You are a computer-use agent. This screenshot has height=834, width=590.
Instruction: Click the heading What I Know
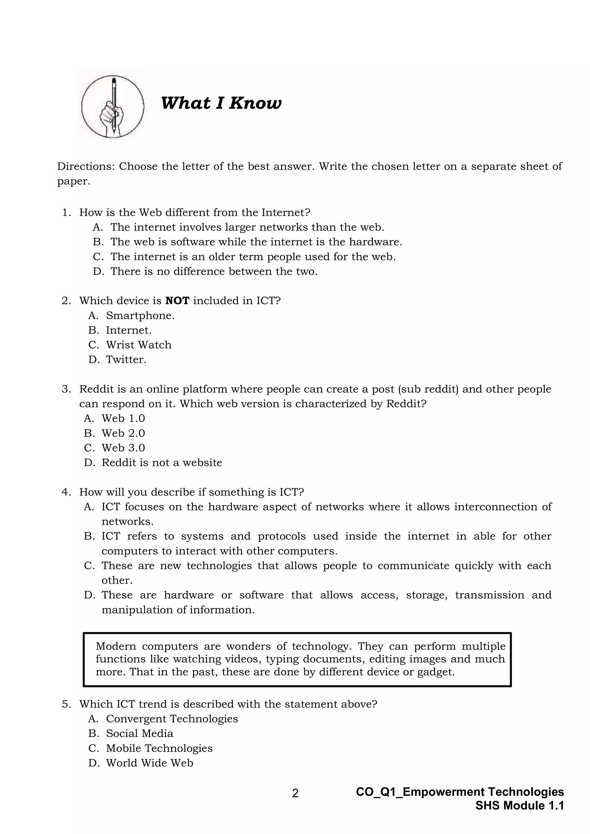(221, 103)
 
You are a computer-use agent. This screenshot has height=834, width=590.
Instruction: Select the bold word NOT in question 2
(177, 301)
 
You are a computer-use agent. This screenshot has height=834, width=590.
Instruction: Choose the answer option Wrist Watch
(138, 345)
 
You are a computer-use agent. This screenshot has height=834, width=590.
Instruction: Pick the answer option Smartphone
(140, 316)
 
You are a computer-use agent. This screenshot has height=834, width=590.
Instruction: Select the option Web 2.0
(123, 433)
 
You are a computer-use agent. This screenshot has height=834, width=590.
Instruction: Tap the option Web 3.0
(123, 448)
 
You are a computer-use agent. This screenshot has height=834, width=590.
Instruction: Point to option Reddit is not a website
(162, 463)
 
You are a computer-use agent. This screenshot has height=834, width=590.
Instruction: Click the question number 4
(66, 492)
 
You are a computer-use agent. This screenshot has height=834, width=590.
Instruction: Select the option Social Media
(139, 733)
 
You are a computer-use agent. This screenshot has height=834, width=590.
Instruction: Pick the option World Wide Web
(149, 763)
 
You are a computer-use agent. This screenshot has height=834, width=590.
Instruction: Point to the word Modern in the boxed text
(116, 646)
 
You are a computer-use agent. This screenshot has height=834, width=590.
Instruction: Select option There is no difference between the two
(214, 271)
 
